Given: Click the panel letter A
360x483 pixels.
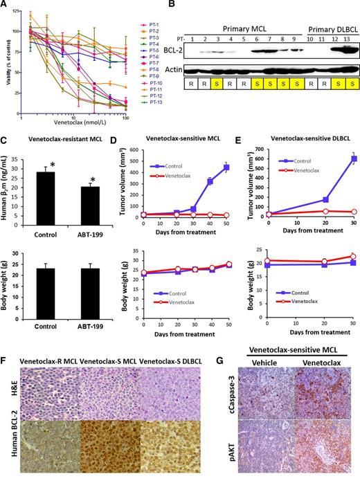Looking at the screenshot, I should [x=5, y=6].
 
